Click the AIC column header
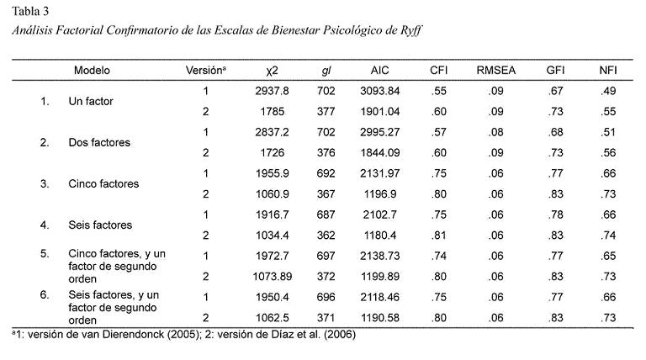pos(379,71)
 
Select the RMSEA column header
pos(493,71)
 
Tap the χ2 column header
pos(271,71)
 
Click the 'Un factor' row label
pos(91,101)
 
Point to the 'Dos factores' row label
pos(99,142)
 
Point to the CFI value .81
pos(438,235)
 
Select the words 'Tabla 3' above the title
pos(30,11)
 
